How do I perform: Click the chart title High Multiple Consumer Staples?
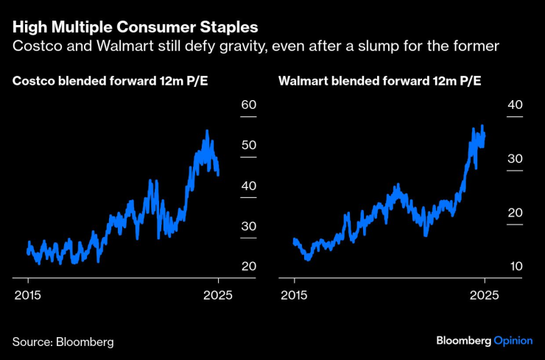click(x=135, y=28)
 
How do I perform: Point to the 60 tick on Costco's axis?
click(x=248, y=105)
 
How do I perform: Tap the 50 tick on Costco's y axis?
click(x=248, y=145)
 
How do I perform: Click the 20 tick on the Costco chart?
click(x=248, y=266)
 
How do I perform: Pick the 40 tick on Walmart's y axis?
click(x=514, y=105)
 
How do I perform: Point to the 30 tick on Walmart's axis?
click(x=514, y=159)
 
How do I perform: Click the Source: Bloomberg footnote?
click(x=63, y=342)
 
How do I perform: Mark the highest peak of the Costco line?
click(x=207, y=131)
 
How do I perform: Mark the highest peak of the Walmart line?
click(x=482, y=126)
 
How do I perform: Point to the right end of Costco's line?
click(x=218, y=174)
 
